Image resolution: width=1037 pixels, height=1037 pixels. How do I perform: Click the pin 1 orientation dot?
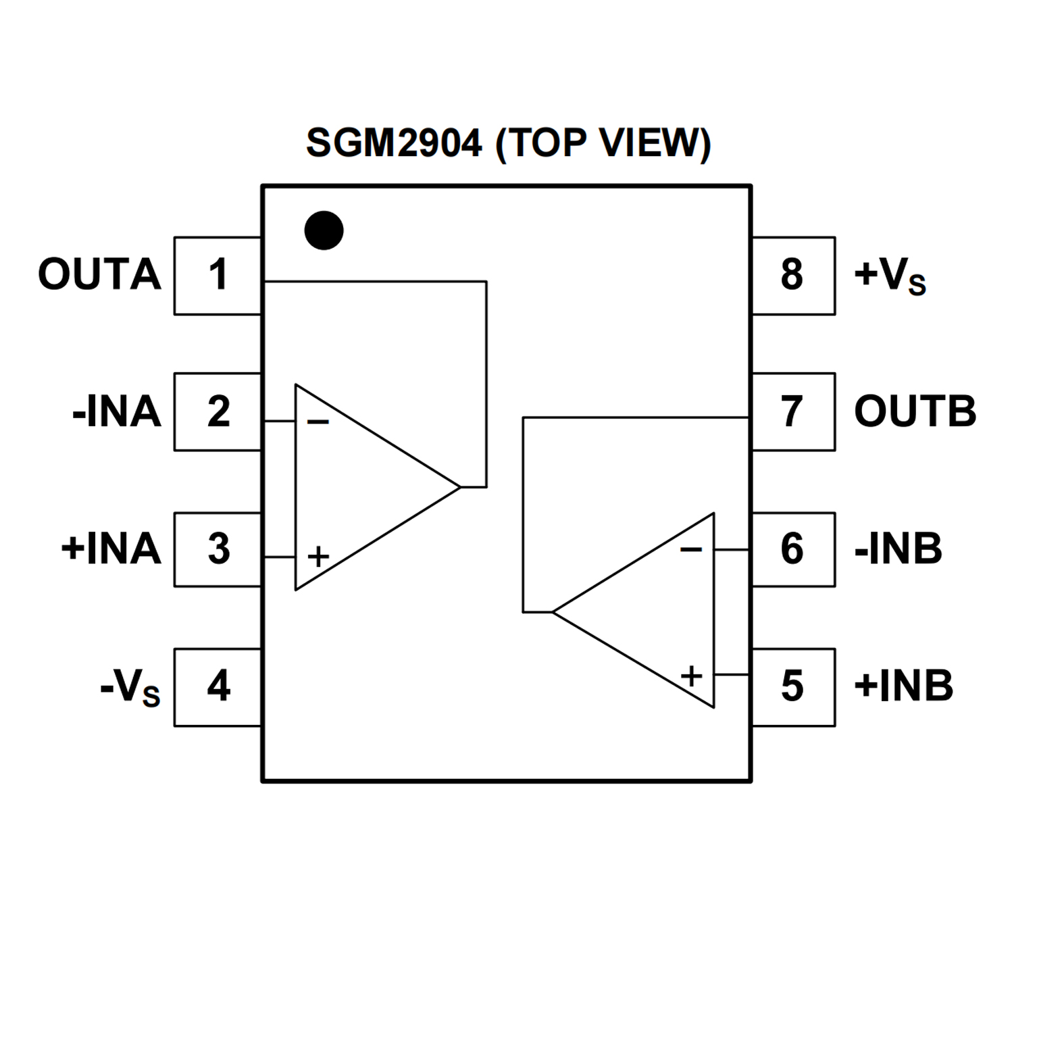tap(324, 230)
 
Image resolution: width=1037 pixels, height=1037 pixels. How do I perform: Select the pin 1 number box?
tap(218, 276)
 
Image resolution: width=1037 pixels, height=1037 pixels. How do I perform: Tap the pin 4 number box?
tap(218, 687)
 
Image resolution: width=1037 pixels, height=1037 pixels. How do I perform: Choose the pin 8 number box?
tap(793, 276)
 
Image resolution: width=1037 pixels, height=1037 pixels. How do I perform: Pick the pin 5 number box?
tap(793, 687)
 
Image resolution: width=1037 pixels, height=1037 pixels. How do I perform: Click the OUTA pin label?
tap(99, 275)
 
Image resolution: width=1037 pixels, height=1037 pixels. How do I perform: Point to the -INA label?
tap(116, 412)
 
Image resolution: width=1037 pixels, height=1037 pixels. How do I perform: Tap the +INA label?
tap(111, 549)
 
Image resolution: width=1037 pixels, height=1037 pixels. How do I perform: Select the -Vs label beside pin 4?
tap(130, 688)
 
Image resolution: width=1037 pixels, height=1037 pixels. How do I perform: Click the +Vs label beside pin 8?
tap(890, 276)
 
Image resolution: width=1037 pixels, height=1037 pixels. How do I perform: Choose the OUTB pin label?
tap(915, 411)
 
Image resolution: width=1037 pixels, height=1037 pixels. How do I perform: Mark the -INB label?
tap(898, 549)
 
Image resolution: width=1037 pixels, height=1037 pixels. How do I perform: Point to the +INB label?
tap(903, 686)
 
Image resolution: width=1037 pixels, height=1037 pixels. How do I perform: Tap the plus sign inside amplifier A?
tap(318, 557)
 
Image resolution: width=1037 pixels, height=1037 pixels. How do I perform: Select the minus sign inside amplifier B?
tap(690, 550)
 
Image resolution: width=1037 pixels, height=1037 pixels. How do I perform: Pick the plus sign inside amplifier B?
tap(691, 676)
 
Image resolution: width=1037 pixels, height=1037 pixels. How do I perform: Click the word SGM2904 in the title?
tap(394, 143)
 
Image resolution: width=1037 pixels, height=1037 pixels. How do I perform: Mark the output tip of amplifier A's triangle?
tap(459, 486)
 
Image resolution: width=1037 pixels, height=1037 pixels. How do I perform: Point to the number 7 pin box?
tap(793, 412)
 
